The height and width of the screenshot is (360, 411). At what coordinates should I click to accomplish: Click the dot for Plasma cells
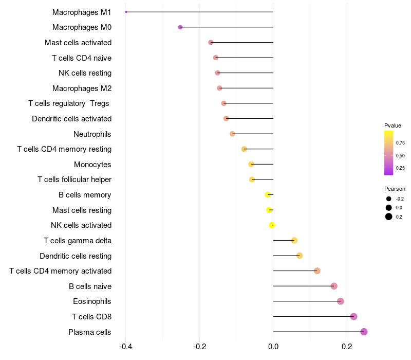coord(364,332)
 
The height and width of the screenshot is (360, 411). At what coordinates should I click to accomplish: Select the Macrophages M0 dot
coord(180,27)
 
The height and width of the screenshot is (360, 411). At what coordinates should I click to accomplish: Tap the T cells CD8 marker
coord(353,316)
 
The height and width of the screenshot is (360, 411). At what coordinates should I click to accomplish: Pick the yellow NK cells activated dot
coord(272,225)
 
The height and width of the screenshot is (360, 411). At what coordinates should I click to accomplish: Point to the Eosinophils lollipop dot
coord(340,301)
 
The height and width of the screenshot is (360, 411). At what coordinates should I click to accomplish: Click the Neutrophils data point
coord(232,134)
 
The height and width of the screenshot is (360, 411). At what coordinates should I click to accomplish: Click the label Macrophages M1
coord(82,12)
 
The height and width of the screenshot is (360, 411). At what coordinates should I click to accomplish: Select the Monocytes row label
coord(92,165)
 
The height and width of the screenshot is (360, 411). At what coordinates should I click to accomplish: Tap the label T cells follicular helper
coord(74,179)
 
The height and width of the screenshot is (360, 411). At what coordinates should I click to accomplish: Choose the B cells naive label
coord(90,286)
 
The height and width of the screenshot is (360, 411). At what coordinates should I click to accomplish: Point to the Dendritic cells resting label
coord(76,256)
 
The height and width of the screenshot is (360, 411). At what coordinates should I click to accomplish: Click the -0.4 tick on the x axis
coord(125,346)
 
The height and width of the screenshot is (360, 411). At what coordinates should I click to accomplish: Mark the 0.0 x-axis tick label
coord(273,346)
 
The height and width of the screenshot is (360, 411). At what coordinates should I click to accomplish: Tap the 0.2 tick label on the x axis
coord(347,346)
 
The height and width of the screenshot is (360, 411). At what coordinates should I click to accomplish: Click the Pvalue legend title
coord(393,125)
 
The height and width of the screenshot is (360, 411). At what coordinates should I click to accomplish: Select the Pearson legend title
coord(395,189)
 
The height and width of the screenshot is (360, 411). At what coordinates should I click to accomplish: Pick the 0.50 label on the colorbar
coord(400,155)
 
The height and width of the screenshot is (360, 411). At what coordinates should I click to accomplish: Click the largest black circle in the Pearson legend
coord(389,217)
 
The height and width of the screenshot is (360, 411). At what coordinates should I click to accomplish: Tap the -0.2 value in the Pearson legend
coord(400,199)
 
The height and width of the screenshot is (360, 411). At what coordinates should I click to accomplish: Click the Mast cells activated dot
coord(211,42)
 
